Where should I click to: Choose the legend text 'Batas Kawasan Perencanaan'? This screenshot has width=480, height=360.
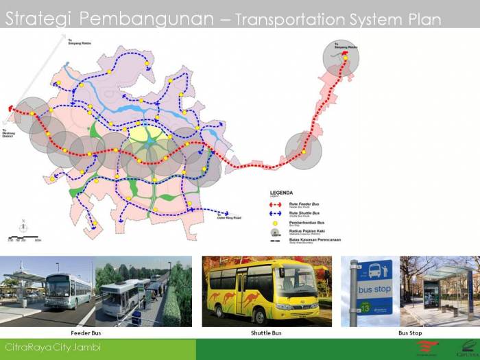[315, 240]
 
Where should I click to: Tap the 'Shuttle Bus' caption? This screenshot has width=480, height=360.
[266, 333]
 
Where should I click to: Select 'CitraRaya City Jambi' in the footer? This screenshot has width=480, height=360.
[53, 348]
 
